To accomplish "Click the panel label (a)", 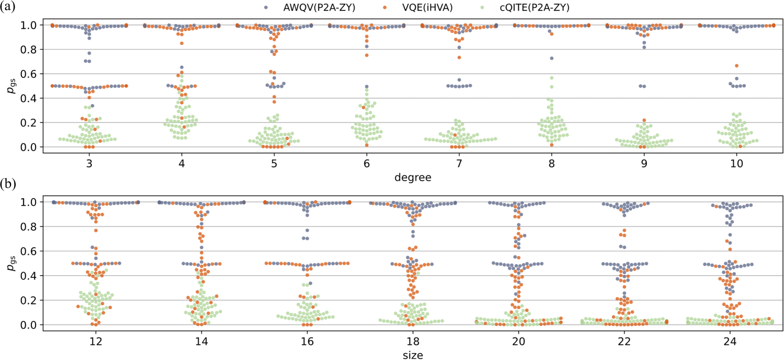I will point(9,8).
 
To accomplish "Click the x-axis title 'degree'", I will point(413,178).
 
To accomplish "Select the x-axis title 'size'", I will point(413,355).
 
